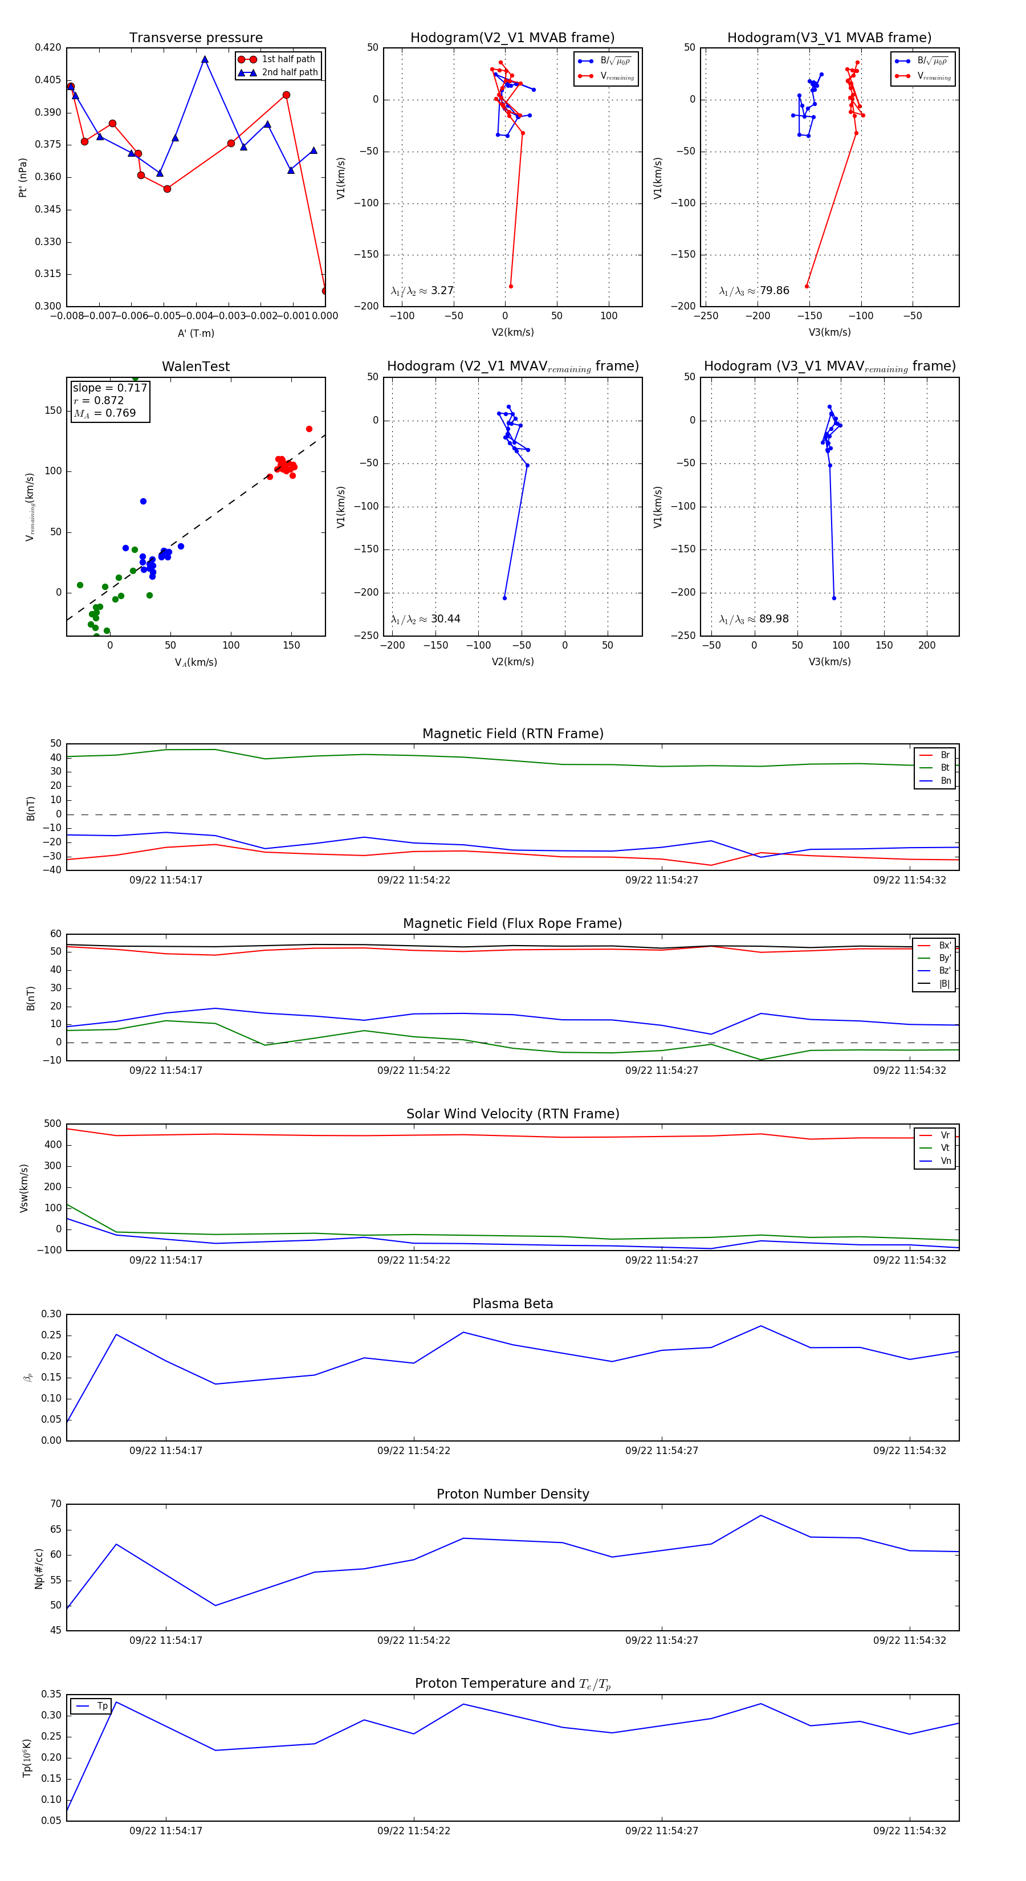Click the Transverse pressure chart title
196,38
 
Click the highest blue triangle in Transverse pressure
205,60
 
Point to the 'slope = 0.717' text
109,388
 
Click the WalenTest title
196,367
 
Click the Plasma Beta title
512,1304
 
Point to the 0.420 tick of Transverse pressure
48,47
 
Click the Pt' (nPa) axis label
23,177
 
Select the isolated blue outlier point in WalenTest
143,501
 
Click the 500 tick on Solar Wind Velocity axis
52,1124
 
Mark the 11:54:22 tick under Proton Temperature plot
413,1831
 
